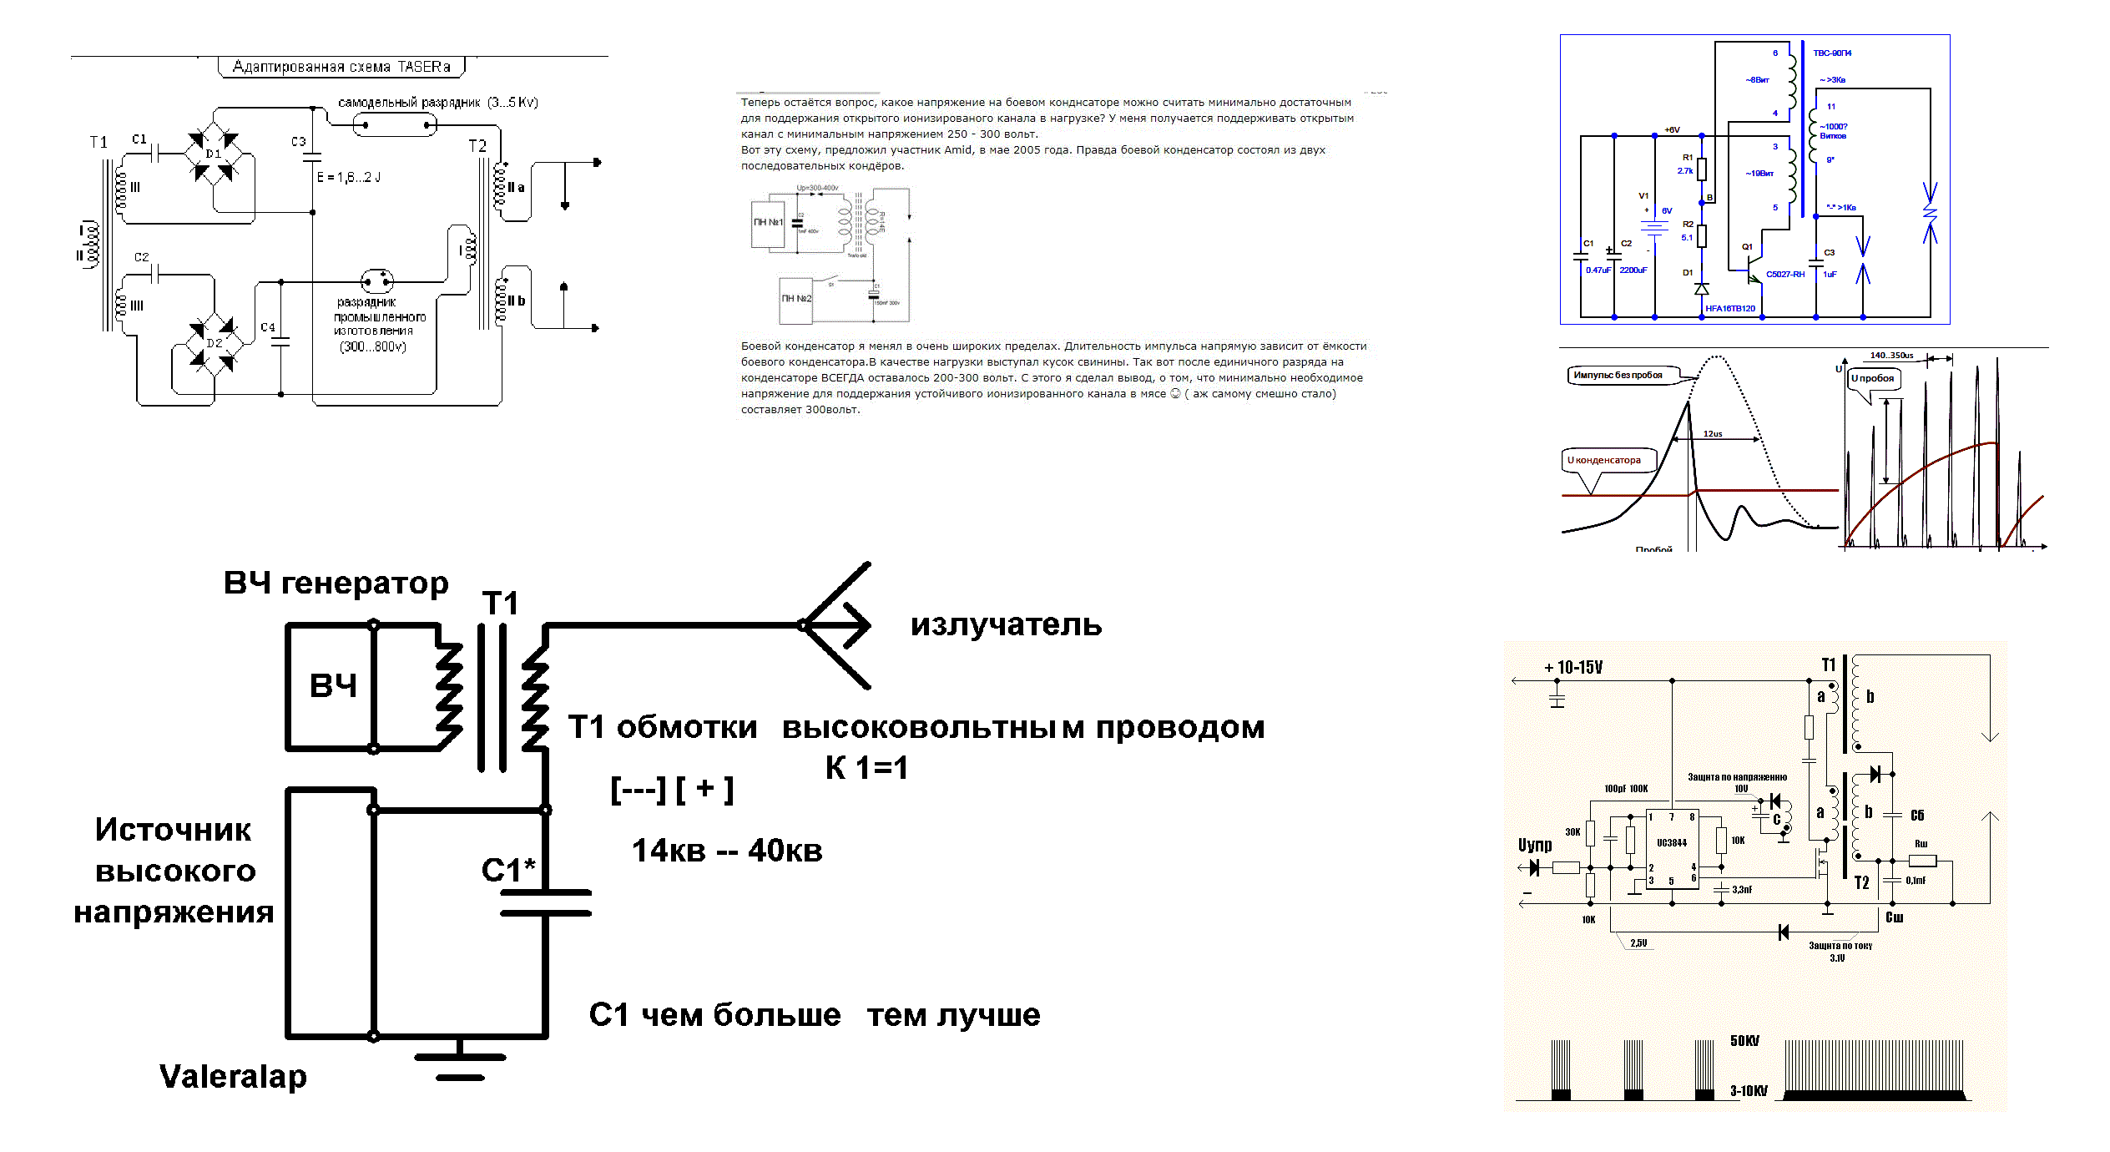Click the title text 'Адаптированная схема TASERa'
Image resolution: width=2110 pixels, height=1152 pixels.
pyautogui.click(x=341, y=67)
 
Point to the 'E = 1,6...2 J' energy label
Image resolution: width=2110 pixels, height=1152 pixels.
pyautogui.click(x=349, y=178)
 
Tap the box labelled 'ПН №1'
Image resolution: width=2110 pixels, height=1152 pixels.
pyautogui.click(x=768, y=223)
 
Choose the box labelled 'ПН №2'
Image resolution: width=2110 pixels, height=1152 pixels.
pyautogui.click(x=795, y=299)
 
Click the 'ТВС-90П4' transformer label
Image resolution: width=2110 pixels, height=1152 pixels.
pyautogui.click(x=1832, y=53)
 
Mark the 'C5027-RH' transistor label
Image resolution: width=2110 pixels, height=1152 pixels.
pyautogui.click(x=1784, y=275)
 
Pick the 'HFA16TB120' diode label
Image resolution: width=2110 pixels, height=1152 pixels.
pyautogui.click(x=1729, y=309)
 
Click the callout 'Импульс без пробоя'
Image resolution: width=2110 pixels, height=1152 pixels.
pyautogui.click(x=1618, y=376)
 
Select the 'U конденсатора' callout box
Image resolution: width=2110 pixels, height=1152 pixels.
pyautogui.click(x=1606, y=461)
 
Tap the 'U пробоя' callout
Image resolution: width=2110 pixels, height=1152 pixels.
pyautogui.click(x=1873, y=379)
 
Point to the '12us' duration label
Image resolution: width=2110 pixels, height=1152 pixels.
pyautogui.click(x=1713, y=434)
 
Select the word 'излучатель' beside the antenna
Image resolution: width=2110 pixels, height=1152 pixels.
pyautogui.click(x=1006, y=625)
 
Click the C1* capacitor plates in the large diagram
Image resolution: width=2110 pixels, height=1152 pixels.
pyautogui.click(x=546, y=903)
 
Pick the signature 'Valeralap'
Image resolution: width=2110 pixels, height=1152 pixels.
pyautogui.click(x=233, y=1077)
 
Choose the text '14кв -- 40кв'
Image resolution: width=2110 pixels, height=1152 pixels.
pyautogui.click(x=727, y=851)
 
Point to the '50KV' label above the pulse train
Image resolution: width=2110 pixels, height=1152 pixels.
pyautogui.click(x=1744, y=1041)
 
